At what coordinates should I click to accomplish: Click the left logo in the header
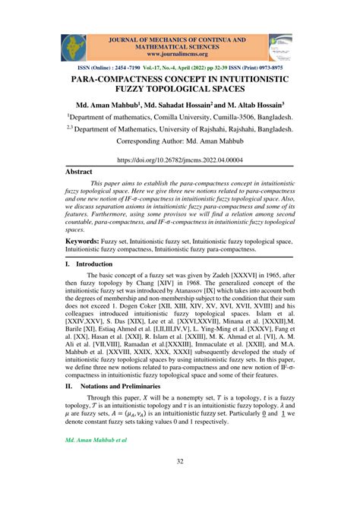[x=74, y=48]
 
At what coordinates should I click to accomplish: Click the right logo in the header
[x=279, y=48]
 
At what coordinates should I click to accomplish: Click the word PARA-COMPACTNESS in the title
[x=124, y=78]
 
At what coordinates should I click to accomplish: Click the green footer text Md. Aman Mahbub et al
[x=96, y=440]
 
